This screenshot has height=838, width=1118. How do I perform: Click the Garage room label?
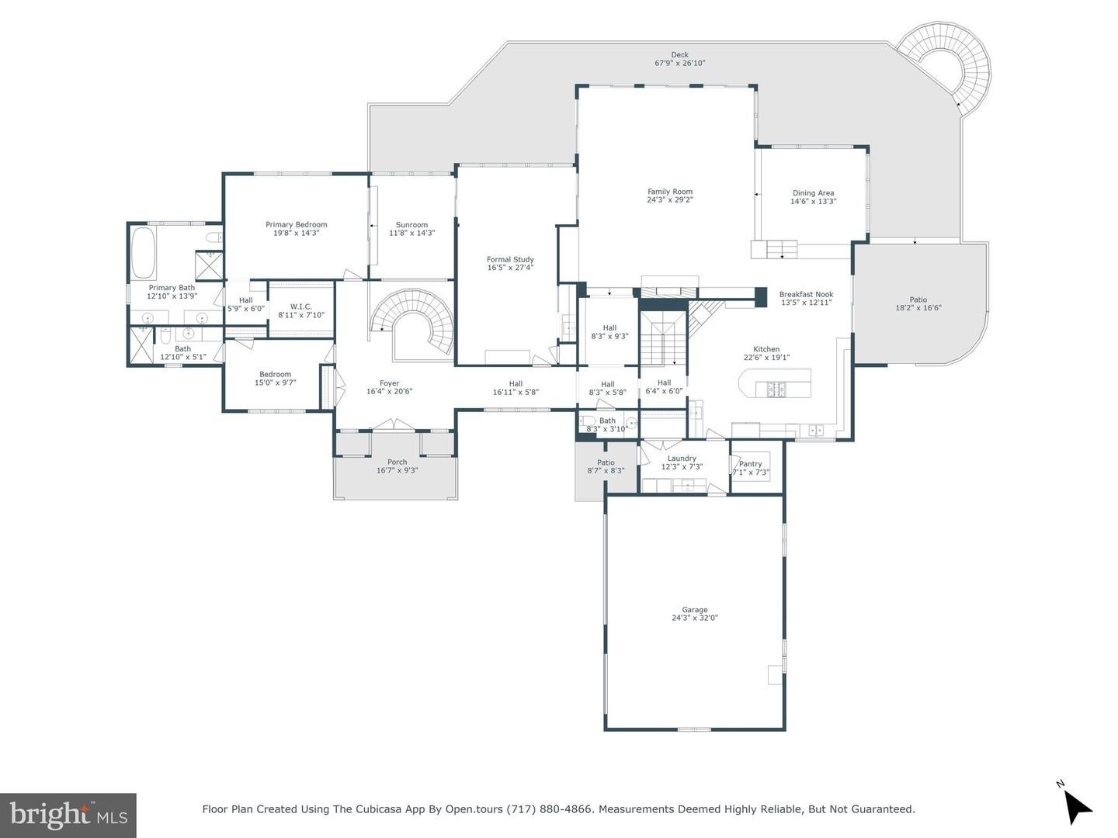[x=695, y=610]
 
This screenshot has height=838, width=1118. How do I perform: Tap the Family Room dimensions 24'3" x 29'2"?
[x=670, y=200]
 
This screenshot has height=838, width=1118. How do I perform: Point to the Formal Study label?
[x=510, y=259]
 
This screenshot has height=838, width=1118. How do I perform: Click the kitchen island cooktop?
[x=776, y=390]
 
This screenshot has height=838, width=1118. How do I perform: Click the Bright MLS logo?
[x=68, y=815]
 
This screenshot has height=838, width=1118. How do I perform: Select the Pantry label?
[x=750, y=463]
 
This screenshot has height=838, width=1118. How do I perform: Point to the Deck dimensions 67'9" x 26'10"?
[x=679, y=63]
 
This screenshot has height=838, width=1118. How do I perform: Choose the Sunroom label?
[x=411, y=225]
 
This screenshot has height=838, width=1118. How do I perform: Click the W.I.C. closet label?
[x=301, y=306]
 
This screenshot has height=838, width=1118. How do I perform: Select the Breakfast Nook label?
[x=807, y=294]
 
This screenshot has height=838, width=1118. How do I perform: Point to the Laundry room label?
[x=682, y=459]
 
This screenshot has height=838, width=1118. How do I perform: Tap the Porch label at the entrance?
[x=397, y=462]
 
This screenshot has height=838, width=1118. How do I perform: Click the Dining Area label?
[x=814, y=193]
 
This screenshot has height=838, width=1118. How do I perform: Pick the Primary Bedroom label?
[x=297, y=224]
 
